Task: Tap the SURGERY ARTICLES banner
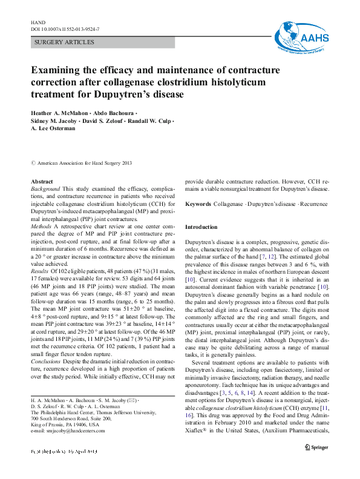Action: (x=65, y=42)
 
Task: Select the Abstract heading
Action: (x=42, y=182)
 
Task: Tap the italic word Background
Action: (x=45, y=190)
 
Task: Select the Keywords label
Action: (x=198, y=205)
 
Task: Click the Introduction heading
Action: (x=201, y=227)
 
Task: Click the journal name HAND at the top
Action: (x=38, y=22)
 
